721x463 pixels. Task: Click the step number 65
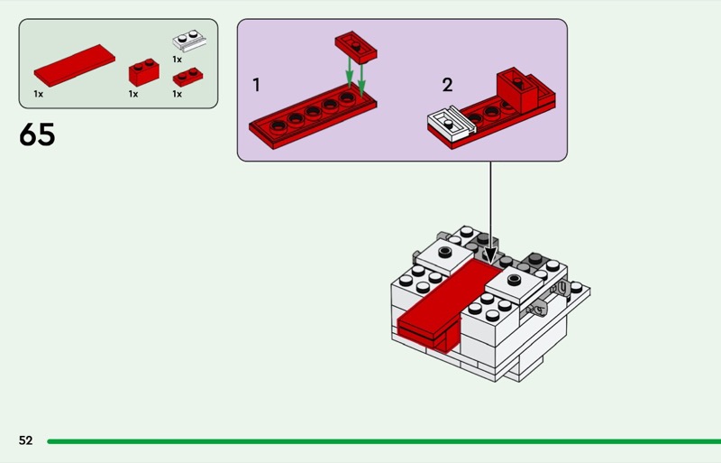pyautogui.click(x=37, y=135)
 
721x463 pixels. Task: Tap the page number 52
pyautogui.click(x=25, y=440)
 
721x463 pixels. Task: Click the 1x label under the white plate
pyautogui.click(x=177, y=59)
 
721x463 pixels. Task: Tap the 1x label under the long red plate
pyautogui.click(x=39, y=93)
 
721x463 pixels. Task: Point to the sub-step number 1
pyautogui.click(x=257, y=86)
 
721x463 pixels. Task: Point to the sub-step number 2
pyautogui.click(x=447, y=86)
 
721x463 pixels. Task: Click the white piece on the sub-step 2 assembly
pyautogui.click(x=447, y=121)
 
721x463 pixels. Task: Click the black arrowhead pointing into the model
pyautogui.click(x=489, y=255)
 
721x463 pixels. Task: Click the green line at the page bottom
pyautogui.click(x=379, y=441)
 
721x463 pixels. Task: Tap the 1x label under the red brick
pyautogui.click(x=132, y=93)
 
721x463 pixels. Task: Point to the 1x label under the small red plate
pyautogui.click(x=177, y=93)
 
